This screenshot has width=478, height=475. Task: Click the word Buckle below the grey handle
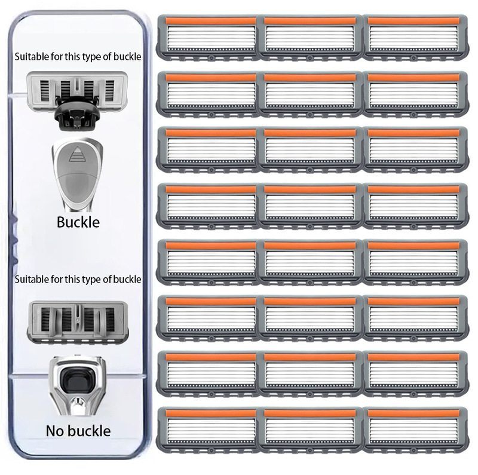click(78, 223)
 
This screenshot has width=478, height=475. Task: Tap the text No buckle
click(78, 430)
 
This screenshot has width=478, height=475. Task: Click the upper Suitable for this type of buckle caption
click(78, 58)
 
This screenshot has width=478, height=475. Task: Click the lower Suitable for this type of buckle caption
click(78, 279)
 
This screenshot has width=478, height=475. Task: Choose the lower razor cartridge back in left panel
click(78, 321)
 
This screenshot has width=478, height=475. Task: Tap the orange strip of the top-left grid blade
click(207, 22)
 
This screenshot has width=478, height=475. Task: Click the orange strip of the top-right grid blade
click(415, 22)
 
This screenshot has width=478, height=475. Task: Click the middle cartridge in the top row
click(311, 36)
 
